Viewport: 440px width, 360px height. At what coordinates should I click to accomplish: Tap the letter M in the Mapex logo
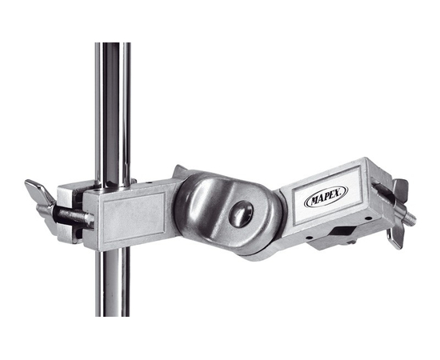pos(312,200)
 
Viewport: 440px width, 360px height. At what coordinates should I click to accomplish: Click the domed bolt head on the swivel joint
pos(241,214)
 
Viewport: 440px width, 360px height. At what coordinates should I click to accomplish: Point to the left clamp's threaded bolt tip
pos(90,219)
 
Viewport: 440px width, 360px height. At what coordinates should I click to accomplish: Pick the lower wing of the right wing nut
pos(395,238)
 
